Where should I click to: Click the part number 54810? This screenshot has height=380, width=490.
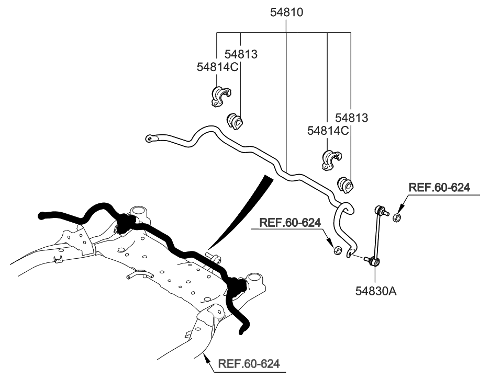[x=286, y=11]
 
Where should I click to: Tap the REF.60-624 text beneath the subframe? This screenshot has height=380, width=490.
[x=249, y=363]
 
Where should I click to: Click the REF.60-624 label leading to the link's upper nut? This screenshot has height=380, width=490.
[x=439, y=188]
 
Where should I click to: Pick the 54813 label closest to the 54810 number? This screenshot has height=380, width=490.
[x=241, y=54]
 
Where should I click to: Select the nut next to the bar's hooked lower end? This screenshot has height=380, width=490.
[x=338, y=250]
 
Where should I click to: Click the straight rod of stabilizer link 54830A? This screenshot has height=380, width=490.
[x=377, y=235]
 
